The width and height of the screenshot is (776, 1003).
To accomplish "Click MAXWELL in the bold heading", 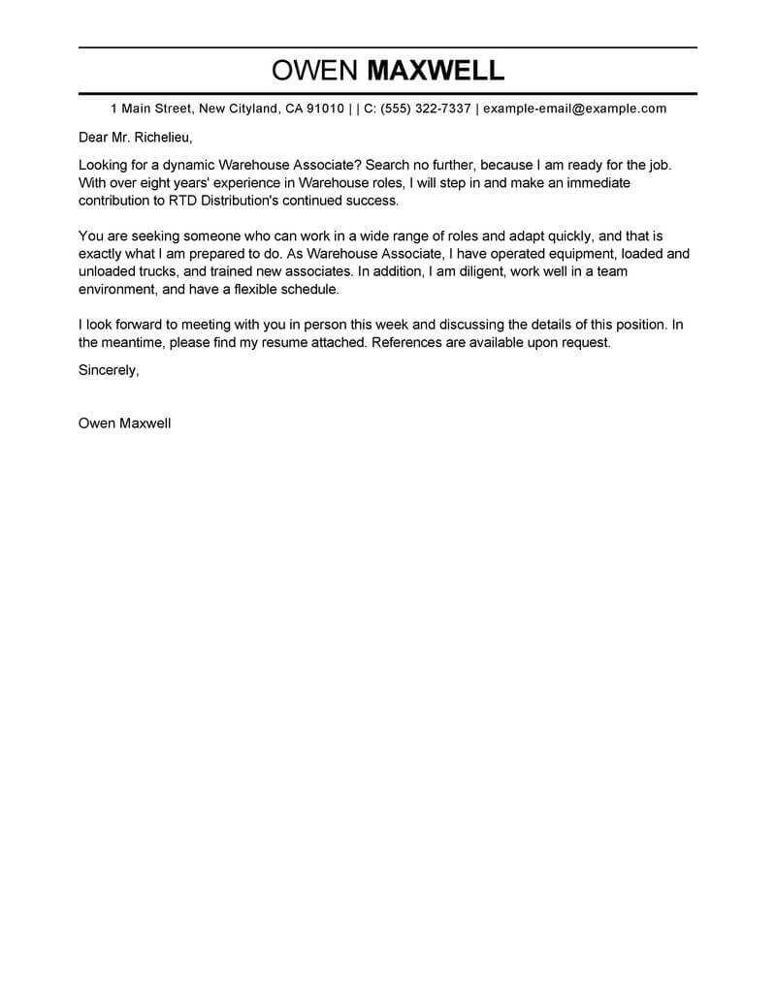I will click(434, 71).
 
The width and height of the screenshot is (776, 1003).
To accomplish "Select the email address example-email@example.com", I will click(574, 109).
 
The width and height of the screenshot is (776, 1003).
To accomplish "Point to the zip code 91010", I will click(325, 109).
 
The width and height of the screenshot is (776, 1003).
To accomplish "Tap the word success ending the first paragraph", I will click(370, 201).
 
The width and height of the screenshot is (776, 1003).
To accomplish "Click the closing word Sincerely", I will click(109, 370).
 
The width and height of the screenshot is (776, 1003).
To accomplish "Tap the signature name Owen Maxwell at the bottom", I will click(124, 423).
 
